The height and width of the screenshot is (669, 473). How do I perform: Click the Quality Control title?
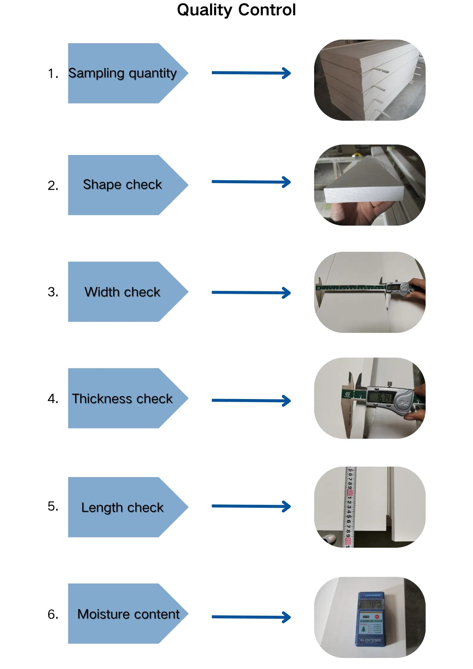[x=236, y=10]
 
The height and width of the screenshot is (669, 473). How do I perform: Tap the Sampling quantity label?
[x=122, y=73]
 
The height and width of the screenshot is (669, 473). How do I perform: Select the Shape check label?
[x=122, y=185]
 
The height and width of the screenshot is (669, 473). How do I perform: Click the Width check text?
[x=122, y=292]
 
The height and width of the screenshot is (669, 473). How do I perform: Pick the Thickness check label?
[x=122, y=399]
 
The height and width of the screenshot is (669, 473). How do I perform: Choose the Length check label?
[x=122, y=507]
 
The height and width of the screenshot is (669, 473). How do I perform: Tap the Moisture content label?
[x=128, y=614]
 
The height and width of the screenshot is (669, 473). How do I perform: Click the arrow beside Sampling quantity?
[x=251, y=73]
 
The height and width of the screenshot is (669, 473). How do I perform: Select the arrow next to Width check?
[x=251, y=293]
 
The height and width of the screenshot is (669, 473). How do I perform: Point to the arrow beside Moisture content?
[x=251, y=617]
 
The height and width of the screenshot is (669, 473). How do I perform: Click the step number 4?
[x=52, y=399]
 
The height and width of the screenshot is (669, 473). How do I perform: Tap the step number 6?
[x=52, y=614]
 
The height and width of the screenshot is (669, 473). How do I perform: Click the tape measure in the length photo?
[x=350, y=507]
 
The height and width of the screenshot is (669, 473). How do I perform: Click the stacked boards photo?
[x=370, y=80]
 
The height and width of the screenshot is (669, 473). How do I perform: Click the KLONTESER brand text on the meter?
[x=370, y=640]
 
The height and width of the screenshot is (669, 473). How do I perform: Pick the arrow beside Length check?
[x=251, y=506]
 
